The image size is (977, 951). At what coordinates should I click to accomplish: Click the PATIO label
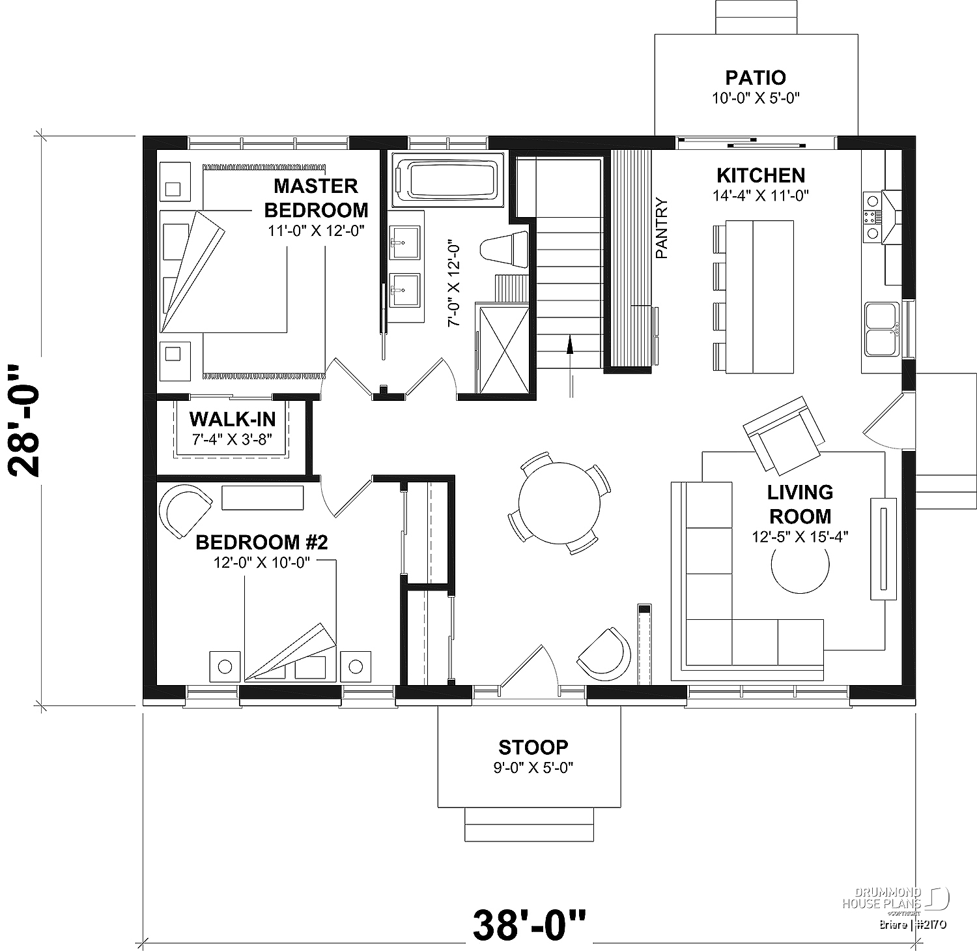[x=756, y=78]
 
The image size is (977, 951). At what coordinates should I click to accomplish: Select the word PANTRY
[x=662, y=228]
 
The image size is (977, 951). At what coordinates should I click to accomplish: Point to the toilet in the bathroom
[x=503, y=248]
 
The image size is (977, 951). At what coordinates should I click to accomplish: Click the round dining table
[x=559, y=503]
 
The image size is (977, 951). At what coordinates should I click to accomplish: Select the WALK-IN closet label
[x=233, y=419]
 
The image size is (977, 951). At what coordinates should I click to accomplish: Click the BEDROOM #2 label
[x=261, y=542]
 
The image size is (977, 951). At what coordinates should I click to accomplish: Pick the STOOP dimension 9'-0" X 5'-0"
[x=533, y=767]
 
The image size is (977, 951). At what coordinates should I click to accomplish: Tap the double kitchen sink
[x=882, y=329]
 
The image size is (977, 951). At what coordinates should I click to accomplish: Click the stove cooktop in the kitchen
[x=871, y=218]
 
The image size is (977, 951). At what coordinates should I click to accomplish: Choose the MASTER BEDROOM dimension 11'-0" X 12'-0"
[x=315, y=230]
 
